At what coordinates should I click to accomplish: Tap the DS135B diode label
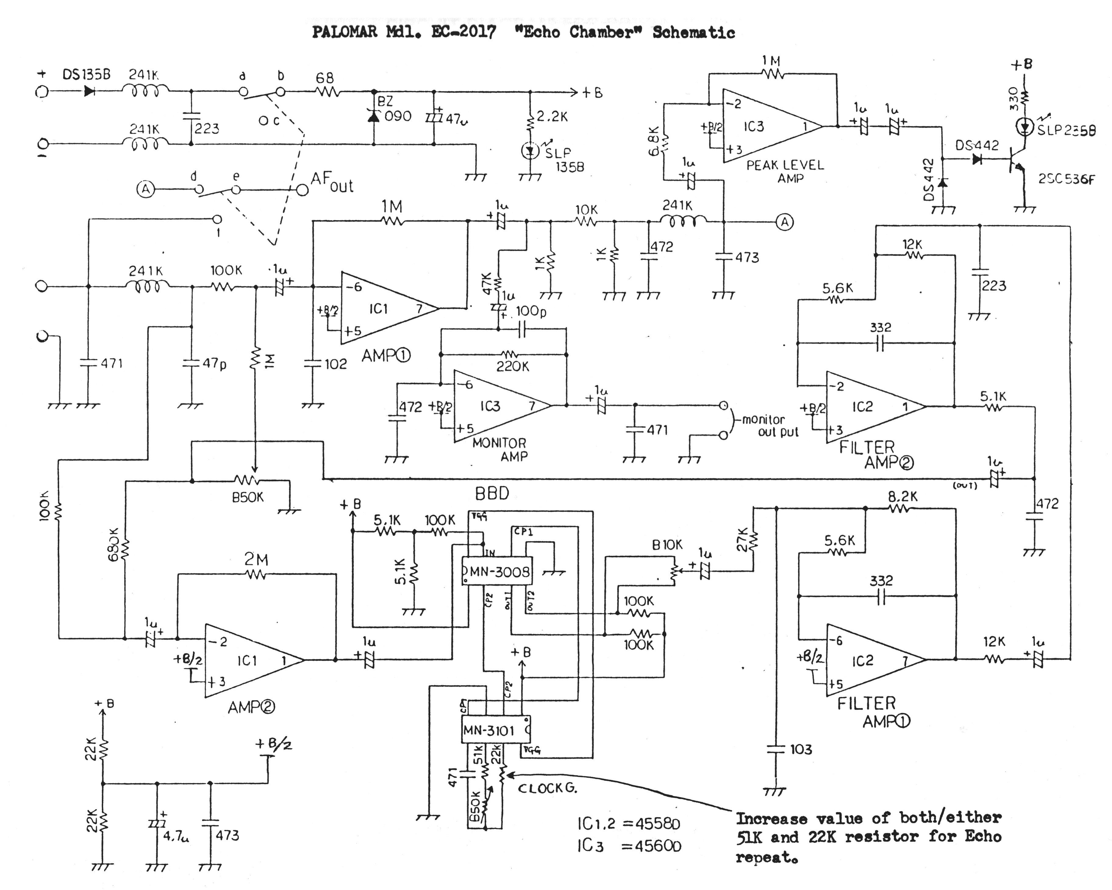[x=87, y=74]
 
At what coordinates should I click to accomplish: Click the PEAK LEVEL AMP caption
[x=785, y=171]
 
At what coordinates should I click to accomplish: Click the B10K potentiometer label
[x=667, y=545]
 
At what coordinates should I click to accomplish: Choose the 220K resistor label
[x=513, y=366]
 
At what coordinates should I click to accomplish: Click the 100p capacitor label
[x=531, y=311]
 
